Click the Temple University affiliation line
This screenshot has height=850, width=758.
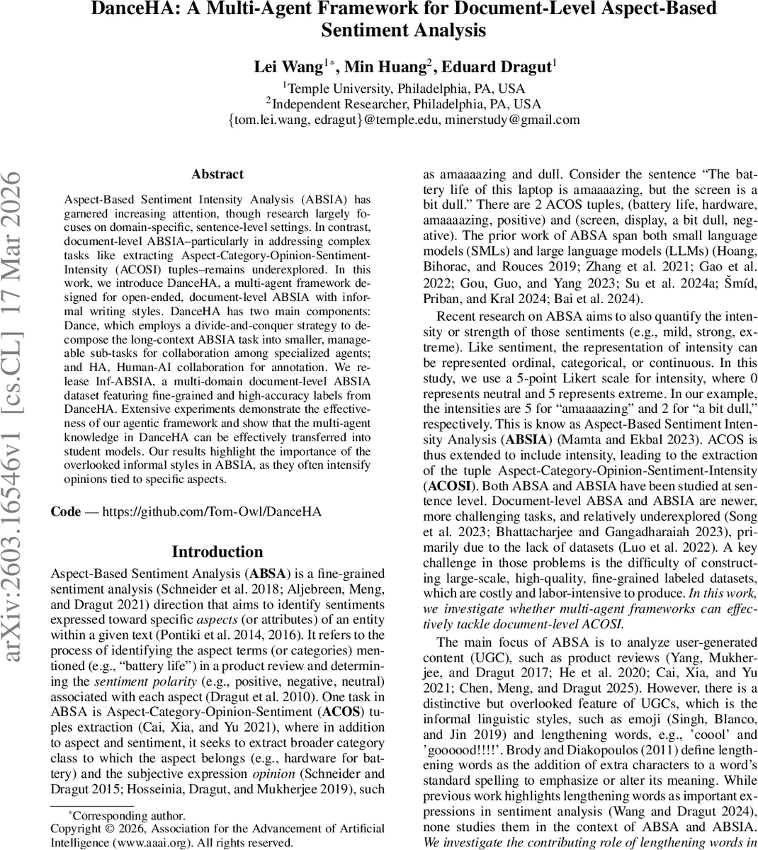tap(405, 89)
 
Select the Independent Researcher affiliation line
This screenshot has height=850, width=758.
tap(405, 104)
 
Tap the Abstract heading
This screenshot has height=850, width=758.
tap(217, 174)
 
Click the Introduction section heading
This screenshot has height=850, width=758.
tap(217, 552)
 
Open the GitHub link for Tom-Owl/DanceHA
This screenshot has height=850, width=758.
tap(212, 511)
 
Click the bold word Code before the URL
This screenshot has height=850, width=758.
tap(66, 511)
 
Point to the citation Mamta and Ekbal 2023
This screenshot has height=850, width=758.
tap(618, 439)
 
